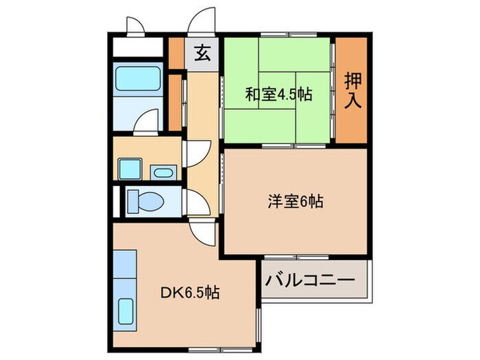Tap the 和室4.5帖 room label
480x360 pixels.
(x=278, y=95)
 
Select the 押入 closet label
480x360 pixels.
(x=352, y=91)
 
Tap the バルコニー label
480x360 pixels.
(x=315, y=280)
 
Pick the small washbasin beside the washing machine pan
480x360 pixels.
(x=162, y=172)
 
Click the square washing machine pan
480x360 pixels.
(x=130, y=168)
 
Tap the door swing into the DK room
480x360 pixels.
(x=204, y=237)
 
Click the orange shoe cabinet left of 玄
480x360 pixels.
(x=177, y=53)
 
